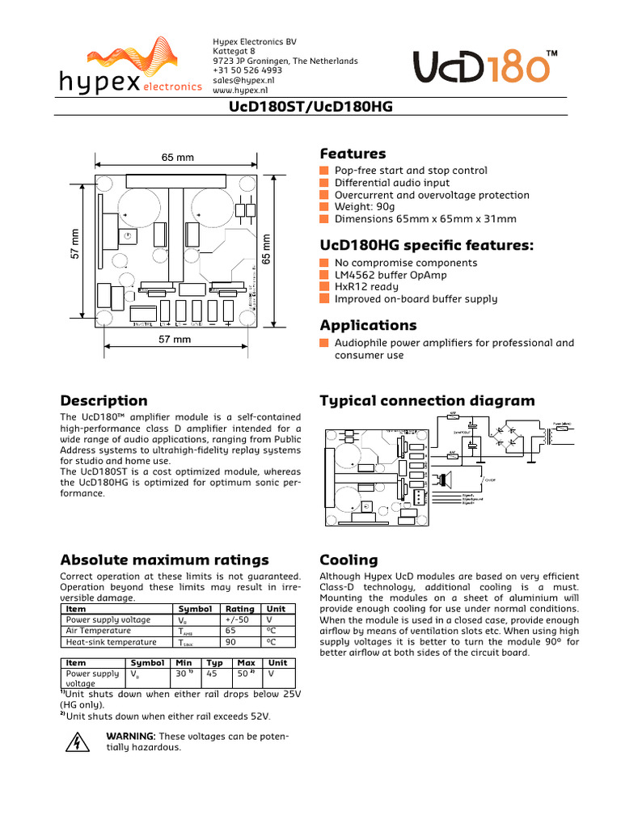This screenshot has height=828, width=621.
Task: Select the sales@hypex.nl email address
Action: [243, 81]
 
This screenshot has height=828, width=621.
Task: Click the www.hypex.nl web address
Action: [239, 91]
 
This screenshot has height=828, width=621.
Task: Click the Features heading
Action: [353, 154]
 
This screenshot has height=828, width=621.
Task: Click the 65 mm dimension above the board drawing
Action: [178, 158]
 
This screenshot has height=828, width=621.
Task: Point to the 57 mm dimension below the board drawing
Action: [175, 340]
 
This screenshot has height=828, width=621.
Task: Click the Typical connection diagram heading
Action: [427, 401]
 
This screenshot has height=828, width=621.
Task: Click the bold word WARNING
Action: [131, 736]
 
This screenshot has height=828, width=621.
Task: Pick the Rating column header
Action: [240, 609]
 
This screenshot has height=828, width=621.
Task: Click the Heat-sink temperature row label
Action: [112, 642]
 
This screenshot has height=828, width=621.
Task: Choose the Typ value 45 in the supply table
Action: [212, 673]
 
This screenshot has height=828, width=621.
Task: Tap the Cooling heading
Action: [349, 560]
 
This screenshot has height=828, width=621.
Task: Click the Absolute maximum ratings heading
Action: [165, 560]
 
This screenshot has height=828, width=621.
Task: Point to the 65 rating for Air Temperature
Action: [230, 631]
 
